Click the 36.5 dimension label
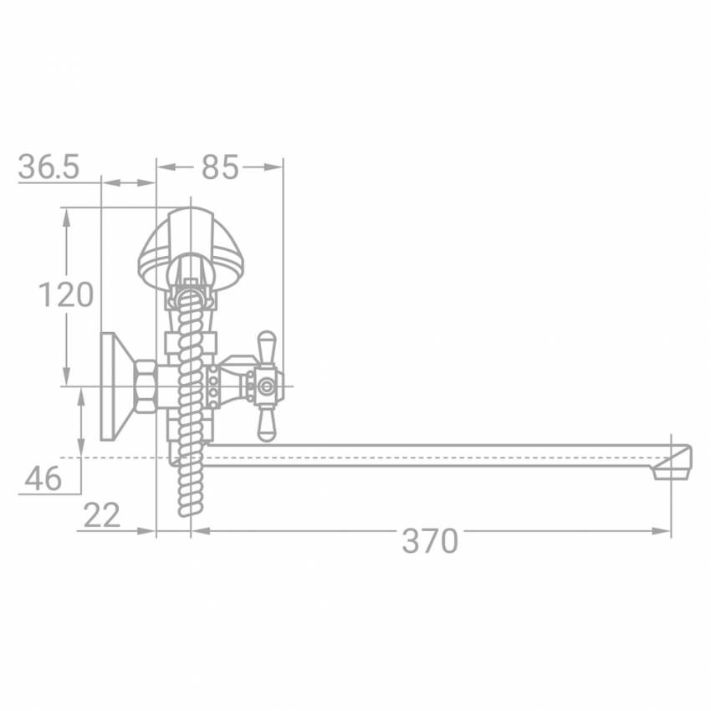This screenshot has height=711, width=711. [x=49, y=166]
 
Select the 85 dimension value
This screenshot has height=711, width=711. [x=220, y=167]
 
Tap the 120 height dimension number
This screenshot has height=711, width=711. [x=66, y=294]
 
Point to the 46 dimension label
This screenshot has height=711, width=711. [x=43, y=478]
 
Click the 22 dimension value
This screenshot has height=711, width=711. [x=102, y=515]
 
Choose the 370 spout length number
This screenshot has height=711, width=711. [x=430, y=540]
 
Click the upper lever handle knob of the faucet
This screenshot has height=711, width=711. [x=266, y=344]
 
